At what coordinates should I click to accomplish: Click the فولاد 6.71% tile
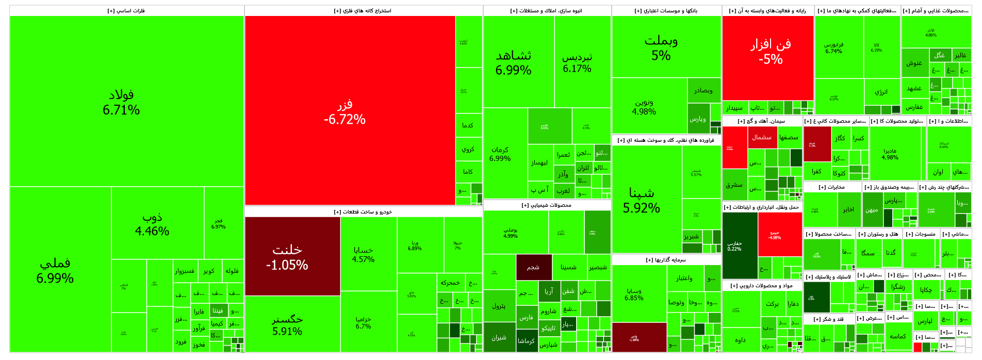point(121,102)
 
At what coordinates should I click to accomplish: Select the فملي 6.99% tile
point(55,270)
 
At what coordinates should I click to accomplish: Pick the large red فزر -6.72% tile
point(345,111)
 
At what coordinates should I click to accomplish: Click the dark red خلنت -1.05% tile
point(287,257)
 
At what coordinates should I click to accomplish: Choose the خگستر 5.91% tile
point(287,324)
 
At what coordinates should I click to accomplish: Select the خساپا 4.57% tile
point(363,254)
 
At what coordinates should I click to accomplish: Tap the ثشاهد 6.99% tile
point(514,62)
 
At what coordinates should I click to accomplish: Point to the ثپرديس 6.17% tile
point(577,62)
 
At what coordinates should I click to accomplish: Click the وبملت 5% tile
point(661,47)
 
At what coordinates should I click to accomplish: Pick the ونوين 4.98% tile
point(644,107)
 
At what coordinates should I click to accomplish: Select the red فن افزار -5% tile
point(771,52)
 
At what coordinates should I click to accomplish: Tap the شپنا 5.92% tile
point(642,200)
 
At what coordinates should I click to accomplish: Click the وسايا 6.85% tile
point(634,294)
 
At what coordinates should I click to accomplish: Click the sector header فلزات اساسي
point(126,11)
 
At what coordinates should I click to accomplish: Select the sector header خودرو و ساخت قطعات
point(363,212)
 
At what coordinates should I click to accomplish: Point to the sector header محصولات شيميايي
point(547,205)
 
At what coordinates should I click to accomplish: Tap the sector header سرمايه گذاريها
point(666,260)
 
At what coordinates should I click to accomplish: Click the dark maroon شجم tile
point(533,267)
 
